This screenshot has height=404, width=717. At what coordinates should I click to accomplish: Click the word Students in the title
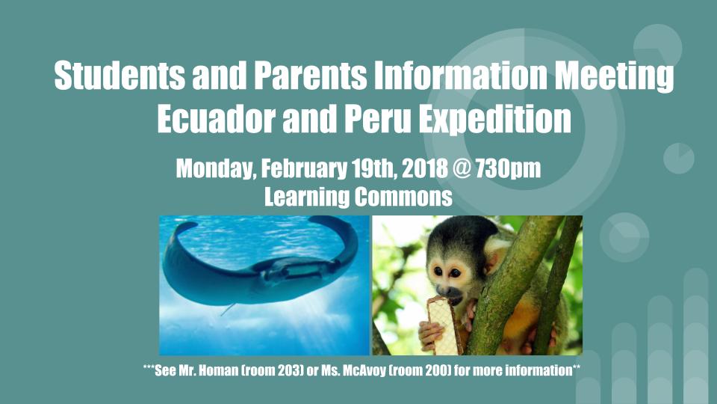click(x=119, y=75)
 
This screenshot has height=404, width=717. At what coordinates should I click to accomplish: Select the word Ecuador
click(x=216, y=119)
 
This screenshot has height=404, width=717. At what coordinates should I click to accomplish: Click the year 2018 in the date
click(x=425, y=168)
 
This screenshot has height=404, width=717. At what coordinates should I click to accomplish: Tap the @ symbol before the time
click(x=462, y=168)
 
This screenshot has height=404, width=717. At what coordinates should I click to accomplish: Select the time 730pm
click(x=508, y=169)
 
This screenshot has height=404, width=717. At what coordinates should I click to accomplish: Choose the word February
click(x=304, y=169)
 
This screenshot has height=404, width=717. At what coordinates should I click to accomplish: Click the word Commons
click(x=403, y=197)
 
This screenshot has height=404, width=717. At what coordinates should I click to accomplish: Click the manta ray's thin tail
click(x=229, y=309)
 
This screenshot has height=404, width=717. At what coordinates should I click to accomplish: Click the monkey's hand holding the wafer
click(x=431, y=335)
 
